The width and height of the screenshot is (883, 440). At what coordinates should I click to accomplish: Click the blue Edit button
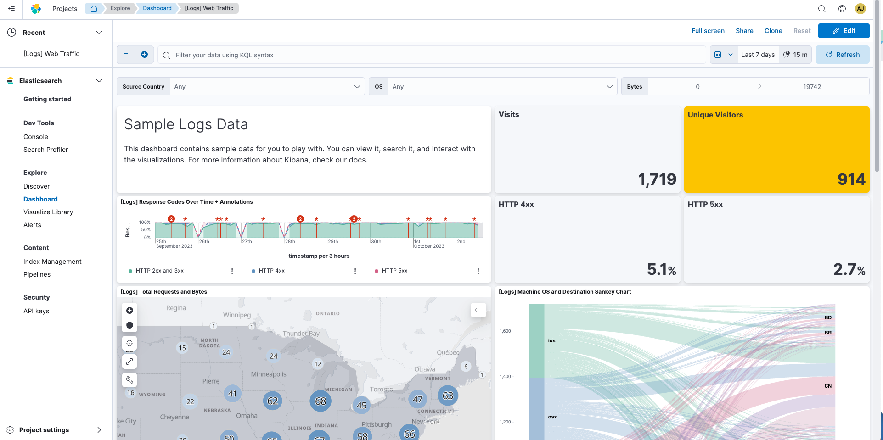point(844,31)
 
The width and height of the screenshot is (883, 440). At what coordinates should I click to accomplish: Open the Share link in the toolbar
point(744,31)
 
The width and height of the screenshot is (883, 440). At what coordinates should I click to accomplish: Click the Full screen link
point(708,31)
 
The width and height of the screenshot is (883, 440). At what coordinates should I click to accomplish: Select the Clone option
point(773,31)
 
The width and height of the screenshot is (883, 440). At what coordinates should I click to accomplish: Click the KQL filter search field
point(432,55)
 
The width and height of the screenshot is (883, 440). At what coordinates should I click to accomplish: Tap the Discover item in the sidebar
point(36,186)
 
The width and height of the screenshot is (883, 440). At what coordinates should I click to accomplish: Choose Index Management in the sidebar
point(52,262)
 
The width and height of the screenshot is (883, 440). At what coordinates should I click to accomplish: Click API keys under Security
point(36,311)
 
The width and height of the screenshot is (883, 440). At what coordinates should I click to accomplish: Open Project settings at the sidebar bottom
point(44,430)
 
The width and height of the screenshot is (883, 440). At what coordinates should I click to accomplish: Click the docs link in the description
point(357,160)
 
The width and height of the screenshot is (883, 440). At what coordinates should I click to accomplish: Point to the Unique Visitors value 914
point(851,179)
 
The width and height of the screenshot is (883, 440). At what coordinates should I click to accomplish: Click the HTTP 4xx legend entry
point(271,271)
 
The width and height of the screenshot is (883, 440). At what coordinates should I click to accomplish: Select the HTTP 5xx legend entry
point(394,271)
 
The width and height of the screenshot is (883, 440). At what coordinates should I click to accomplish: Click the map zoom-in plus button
point(129,311)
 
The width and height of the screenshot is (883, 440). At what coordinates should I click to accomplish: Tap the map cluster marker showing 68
point(321,401)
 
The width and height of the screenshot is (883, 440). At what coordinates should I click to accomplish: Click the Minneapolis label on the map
point(269,374)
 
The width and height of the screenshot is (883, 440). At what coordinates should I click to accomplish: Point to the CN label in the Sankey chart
point(827,386)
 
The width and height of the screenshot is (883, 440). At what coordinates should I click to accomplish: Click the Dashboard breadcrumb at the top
point(157,8)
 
